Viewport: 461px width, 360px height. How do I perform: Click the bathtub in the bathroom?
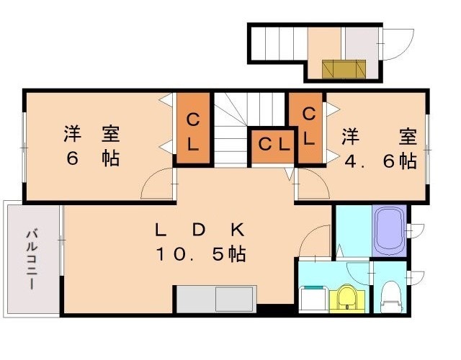click(390, 230)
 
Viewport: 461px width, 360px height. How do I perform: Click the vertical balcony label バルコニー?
click(32, 259)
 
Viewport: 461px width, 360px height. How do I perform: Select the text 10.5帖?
click(200, 253)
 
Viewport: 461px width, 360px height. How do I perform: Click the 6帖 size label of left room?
click(93, 158)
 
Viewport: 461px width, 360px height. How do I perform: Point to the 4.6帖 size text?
click(380, 161)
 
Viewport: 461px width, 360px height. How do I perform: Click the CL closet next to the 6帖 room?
click(193, 130)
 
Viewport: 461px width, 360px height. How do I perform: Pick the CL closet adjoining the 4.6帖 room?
click(308, 125)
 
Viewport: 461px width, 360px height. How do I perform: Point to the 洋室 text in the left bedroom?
click(91, 135)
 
